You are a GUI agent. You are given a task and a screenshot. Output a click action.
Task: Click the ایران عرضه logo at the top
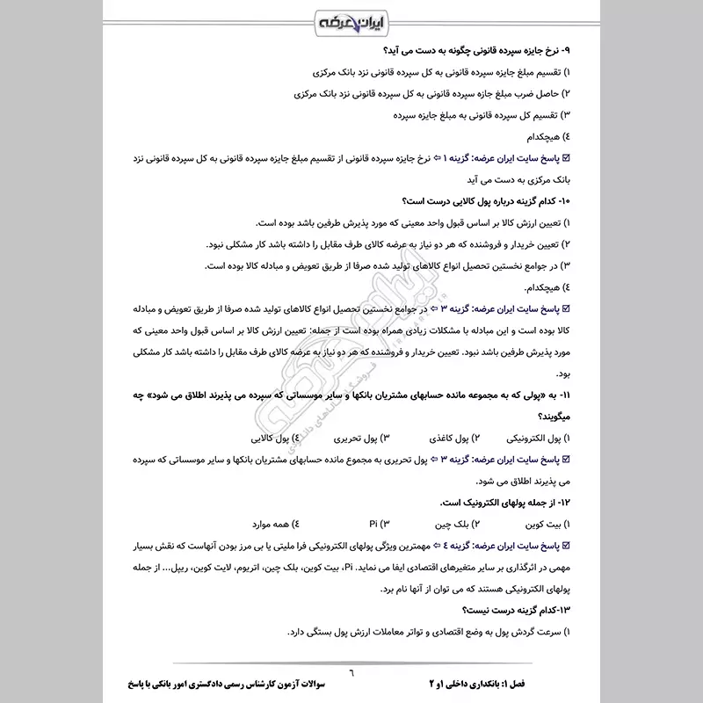click(x=351, y=20)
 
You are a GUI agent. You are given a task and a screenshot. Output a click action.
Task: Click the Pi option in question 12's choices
click(x=373, y=525)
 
